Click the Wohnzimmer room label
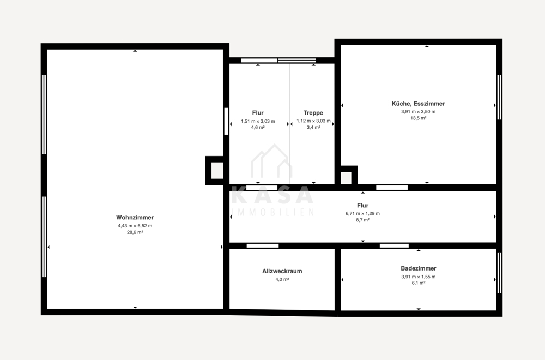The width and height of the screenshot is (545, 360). (x=135, y=218)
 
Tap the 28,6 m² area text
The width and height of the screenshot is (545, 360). (x=135, y=232)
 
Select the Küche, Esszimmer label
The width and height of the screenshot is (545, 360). (x=418, y=104)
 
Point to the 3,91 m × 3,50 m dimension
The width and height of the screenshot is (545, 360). (x=418, y=112)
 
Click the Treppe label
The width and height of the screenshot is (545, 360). (x=313, y=113)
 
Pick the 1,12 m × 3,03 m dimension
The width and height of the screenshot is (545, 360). (x=313, y=121)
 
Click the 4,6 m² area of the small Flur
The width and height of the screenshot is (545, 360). (x=258, y=127)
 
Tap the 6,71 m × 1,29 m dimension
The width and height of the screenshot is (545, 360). (x=362, y=214)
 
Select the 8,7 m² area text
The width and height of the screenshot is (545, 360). (x=362, y=220)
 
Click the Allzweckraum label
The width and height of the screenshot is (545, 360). (x=282, y=271)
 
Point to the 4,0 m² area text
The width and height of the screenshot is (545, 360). (x=282, y=279)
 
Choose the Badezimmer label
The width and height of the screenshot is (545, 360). (x=419, y=268)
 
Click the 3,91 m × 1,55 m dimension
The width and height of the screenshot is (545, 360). (x=419, y=277)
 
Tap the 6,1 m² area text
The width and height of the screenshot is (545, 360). (x=419, y=283)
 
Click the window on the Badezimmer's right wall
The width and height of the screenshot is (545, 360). (x=499, y=273)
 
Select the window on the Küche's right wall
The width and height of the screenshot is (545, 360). (x=499, y=98)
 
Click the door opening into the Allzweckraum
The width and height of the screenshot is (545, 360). (x=263, y=246)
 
